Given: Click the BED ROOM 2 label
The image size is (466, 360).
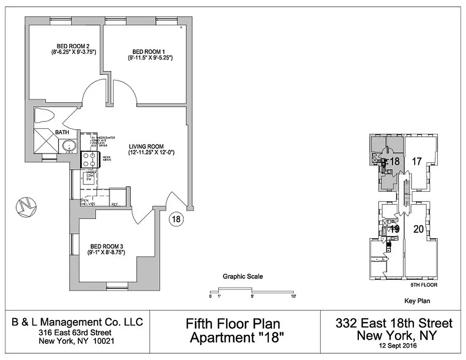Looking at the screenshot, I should (72, 45).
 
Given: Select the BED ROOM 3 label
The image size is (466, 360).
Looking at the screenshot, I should (106, 246).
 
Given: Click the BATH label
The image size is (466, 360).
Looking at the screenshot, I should (62, 132).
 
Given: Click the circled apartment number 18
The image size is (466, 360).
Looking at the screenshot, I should (176, 219).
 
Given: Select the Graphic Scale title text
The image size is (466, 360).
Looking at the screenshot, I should (243, 277).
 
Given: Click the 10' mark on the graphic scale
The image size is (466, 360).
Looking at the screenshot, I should (294, 296).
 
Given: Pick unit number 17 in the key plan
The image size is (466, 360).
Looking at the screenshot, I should (416, 161).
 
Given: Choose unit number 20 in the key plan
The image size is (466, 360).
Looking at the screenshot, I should (418, 229).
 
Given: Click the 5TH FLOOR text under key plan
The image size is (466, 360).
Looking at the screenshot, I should (424, 285).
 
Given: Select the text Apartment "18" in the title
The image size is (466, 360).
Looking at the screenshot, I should (233, 337).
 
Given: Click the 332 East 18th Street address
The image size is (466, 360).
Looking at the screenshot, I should (394, 323).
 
